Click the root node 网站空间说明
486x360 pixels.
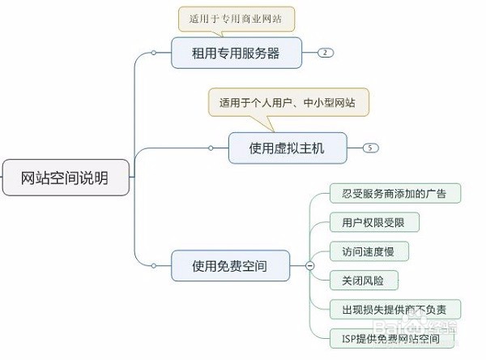pos(65,177)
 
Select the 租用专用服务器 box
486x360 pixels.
pos(236,53)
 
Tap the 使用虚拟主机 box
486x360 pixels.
pos(287,148)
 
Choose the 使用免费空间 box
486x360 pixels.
pos(230,265)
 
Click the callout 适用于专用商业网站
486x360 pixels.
pos(237,18)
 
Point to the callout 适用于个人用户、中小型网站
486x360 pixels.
pos(288,103)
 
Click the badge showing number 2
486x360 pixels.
pos(325,53)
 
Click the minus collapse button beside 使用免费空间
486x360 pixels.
pos(309,265)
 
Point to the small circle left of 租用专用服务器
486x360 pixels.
pos(154,53)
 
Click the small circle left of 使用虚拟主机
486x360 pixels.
pos(211,148)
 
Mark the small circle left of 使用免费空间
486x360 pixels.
pos(154,265)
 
